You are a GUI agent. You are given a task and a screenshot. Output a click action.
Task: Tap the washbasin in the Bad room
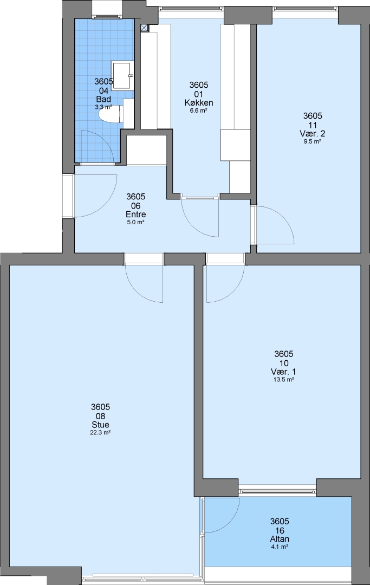click(x=122, y=76)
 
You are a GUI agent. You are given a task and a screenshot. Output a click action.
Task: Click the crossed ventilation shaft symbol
click(x=144, y=27)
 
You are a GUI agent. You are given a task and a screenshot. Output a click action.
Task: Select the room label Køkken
click(x=198, y=102)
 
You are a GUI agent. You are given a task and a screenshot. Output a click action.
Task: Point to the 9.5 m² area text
click(x=313, y=141)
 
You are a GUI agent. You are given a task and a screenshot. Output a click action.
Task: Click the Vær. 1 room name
click(x=283, y=372)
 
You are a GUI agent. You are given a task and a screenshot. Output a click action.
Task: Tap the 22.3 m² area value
click(x=101, y=432)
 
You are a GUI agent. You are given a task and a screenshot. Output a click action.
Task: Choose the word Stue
click(x=100, y=425)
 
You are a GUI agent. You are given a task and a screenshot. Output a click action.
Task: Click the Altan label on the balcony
click(x=280, y=539)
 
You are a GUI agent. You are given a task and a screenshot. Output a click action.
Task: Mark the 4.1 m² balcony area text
click(x=280, y=547)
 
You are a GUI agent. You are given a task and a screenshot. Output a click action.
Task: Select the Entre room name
click(x=136, y=214)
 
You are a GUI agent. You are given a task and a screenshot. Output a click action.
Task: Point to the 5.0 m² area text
click(x=136, y=223)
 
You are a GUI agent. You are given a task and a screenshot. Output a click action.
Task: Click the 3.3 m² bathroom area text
click(x=103, y=107)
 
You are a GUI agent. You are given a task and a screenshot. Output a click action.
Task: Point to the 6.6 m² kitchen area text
click(x=198, y=110)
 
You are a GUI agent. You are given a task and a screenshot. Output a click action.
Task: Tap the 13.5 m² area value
click(x=283, y=380)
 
